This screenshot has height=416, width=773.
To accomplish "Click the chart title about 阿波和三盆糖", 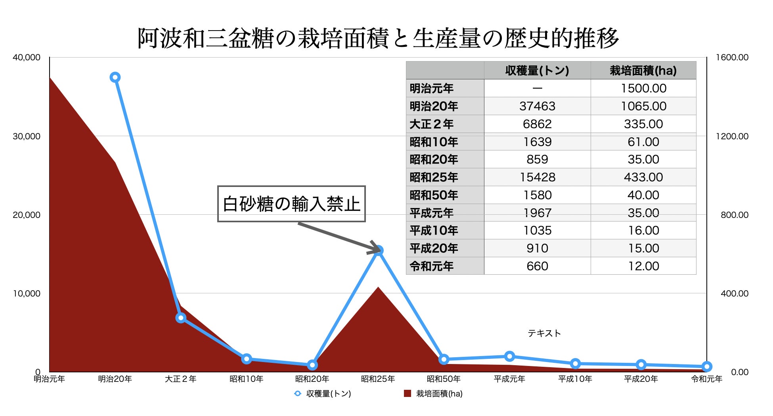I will pos(378,39).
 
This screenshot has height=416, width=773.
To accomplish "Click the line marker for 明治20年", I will pos(115,77).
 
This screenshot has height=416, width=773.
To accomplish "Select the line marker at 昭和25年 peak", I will pos(379,250).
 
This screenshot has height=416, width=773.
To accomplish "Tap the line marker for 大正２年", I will pos(181,318).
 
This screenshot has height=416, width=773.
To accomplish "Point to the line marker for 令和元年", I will pos(706,366).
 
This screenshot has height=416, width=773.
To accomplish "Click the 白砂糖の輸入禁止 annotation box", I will pos(291,204).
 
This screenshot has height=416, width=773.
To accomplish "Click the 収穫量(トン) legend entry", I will pos(323,393).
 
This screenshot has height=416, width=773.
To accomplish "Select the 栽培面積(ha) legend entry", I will pos(434,393).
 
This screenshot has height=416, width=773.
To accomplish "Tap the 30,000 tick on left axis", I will pos(27,137).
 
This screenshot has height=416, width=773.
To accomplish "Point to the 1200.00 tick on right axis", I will pos(732,137).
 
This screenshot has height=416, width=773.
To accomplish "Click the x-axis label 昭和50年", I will pos(444,379).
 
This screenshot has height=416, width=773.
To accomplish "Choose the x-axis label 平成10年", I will pos(575,379).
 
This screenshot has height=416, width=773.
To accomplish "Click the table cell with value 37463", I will pos(537,106).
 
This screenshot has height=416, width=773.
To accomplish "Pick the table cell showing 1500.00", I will pos(643,89).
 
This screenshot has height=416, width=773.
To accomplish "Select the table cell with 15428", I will pos(537,177).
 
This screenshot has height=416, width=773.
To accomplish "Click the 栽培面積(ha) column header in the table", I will pos(643,71).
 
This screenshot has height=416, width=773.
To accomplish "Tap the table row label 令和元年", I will pos(432,266).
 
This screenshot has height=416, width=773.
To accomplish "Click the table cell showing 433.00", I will pos(643,177).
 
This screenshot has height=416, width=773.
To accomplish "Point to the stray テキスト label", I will pos(544,333).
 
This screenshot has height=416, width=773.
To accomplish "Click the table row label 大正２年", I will pos(432,124).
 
